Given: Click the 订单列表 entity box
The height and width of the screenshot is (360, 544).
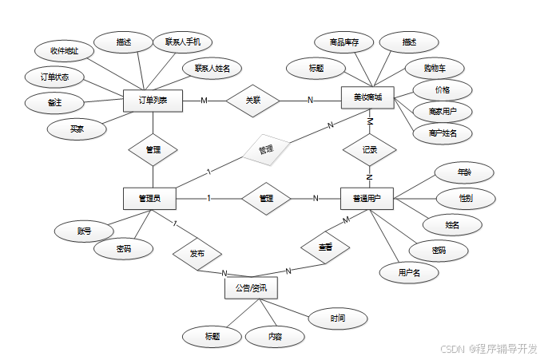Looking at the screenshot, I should [153, 101].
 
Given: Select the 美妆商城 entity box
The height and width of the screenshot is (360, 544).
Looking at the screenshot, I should [367, 98].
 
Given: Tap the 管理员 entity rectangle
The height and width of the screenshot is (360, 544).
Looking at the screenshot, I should [149, 198].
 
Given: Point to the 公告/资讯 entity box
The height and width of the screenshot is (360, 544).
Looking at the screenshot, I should [251, 287].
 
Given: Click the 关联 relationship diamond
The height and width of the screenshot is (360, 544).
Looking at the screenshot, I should [252, 101].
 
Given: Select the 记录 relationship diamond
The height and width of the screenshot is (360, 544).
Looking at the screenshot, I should [369, 149].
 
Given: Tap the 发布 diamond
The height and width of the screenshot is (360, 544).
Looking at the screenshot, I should [197, 253].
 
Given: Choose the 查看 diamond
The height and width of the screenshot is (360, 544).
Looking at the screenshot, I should [325, 248].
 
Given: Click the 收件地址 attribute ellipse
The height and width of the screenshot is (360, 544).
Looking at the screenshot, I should [65, 50].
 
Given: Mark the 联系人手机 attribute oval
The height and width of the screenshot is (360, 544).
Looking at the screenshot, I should [182, 41].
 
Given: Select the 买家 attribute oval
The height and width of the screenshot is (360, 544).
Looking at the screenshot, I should [77, 128].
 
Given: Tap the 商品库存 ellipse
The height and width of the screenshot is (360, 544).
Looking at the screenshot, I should [343, 42].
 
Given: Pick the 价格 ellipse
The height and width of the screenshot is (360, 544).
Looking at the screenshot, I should [442, 89].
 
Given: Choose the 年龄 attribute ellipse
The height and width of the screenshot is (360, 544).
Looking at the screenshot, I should [463, 172].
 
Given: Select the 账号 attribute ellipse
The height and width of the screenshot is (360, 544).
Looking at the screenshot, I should [84, 231].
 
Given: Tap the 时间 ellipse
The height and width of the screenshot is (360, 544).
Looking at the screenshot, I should [338, 318].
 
